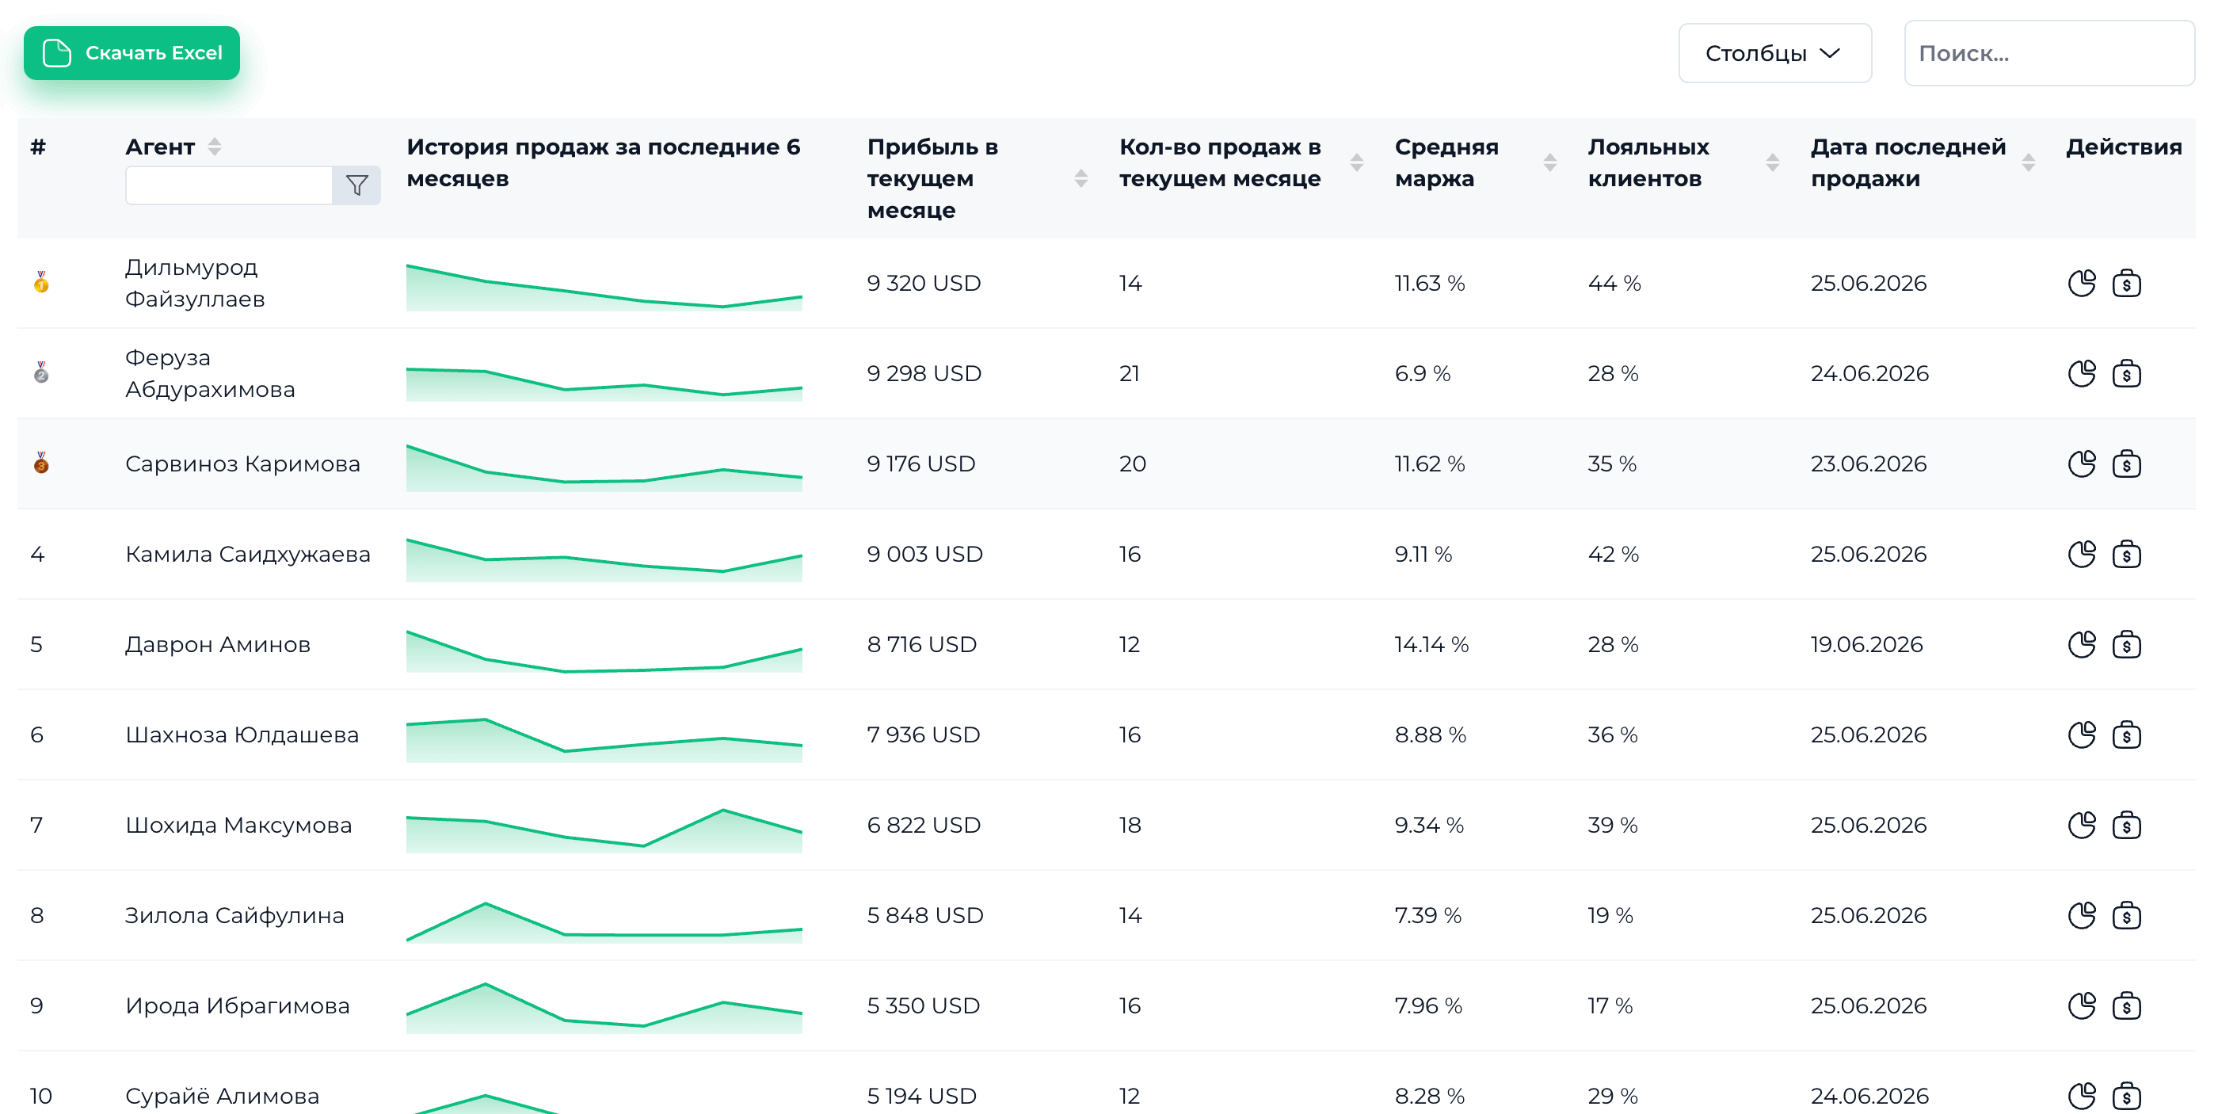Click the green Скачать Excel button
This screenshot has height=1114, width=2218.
click(x=131, y=53)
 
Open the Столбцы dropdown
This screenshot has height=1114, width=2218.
click(x=1774, y=53)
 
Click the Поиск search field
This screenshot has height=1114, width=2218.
click(x=2049, y=53)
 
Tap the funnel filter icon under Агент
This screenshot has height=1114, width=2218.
click(x=356, y=185)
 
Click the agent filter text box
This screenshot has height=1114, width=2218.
click(x=229, y=185)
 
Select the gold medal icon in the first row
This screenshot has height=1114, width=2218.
click(x=41, y=282)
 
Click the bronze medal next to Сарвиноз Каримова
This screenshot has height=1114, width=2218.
click(x=41, y=464)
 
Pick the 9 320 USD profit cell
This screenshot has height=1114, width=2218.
click(x=924, y=283)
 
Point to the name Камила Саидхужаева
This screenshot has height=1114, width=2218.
click(x=248, y=554)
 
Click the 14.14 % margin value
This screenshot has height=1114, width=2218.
click(x=1432, y=644)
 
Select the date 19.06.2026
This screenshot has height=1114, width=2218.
click(x=1867, y=644)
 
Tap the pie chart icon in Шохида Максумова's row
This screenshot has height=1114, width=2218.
click(x=2082, y=825)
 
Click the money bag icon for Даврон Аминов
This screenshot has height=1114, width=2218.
click(x=2127, y=644)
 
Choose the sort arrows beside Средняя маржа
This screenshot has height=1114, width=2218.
click(x=1550, y=162)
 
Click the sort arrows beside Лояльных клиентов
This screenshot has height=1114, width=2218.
click(x=1772, y=162)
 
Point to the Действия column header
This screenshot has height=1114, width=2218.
click(x=2123, y=147)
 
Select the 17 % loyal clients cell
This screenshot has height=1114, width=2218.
click(x=1610, y=1005)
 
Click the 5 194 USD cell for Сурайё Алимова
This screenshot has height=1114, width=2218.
click(x=921, y=1096)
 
